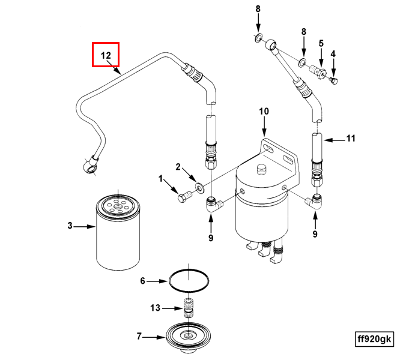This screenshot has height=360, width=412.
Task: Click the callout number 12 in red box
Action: point(106,55)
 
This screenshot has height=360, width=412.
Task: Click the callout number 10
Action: point(264,111)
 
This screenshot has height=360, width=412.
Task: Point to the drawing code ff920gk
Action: point(374,339)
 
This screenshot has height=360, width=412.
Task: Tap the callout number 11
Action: point(350,139)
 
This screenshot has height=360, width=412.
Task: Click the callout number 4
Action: point(333,54)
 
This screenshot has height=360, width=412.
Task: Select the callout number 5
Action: point(321,43)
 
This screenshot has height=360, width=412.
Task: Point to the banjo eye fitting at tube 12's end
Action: point(89,164)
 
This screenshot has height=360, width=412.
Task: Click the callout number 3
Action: point(70,226)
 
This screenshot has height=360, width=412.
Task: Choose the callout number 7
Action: point(139,337)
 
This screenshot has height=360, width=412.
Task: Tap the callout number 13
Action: point(155,308)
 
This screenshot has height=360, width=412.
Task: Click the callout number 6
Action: point(143,281)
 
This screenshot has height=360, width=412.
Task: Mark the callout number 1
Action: point(161,179)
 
